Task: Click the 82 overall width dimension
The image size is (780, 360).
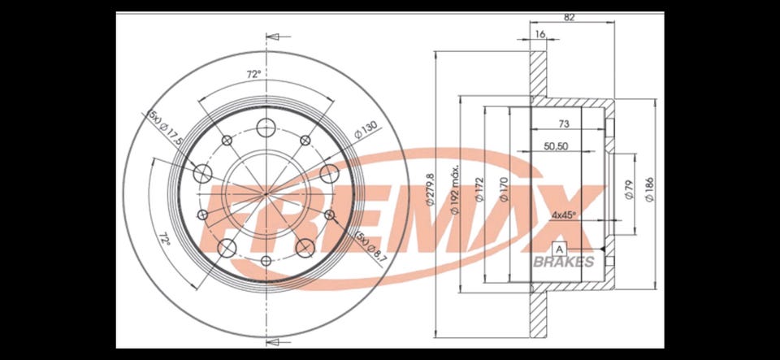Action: (x=570, y=17)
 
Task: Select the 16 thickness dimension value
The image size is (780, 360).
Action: (x=541, y=34)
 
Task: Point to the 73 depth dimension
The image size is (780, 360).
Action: (x=564, y=124)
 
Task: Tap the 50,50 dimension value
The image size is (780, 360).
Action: (x=556, y=146)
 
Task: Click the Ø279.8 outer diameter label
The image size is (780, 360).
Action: (x=431, y=189)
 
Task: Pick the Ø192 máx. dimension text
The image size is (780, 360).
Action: (x=454, y=189)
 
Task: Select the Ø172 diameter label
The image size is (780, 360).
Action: (x=479, y=189)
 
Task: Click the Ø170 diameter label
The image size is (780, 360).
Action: (x=504, y=189)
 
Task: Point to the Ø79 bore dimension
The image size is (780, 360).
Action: (x=629, y=189)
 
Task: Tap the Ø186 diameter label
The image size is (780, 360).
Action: (x=649, y=189)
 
